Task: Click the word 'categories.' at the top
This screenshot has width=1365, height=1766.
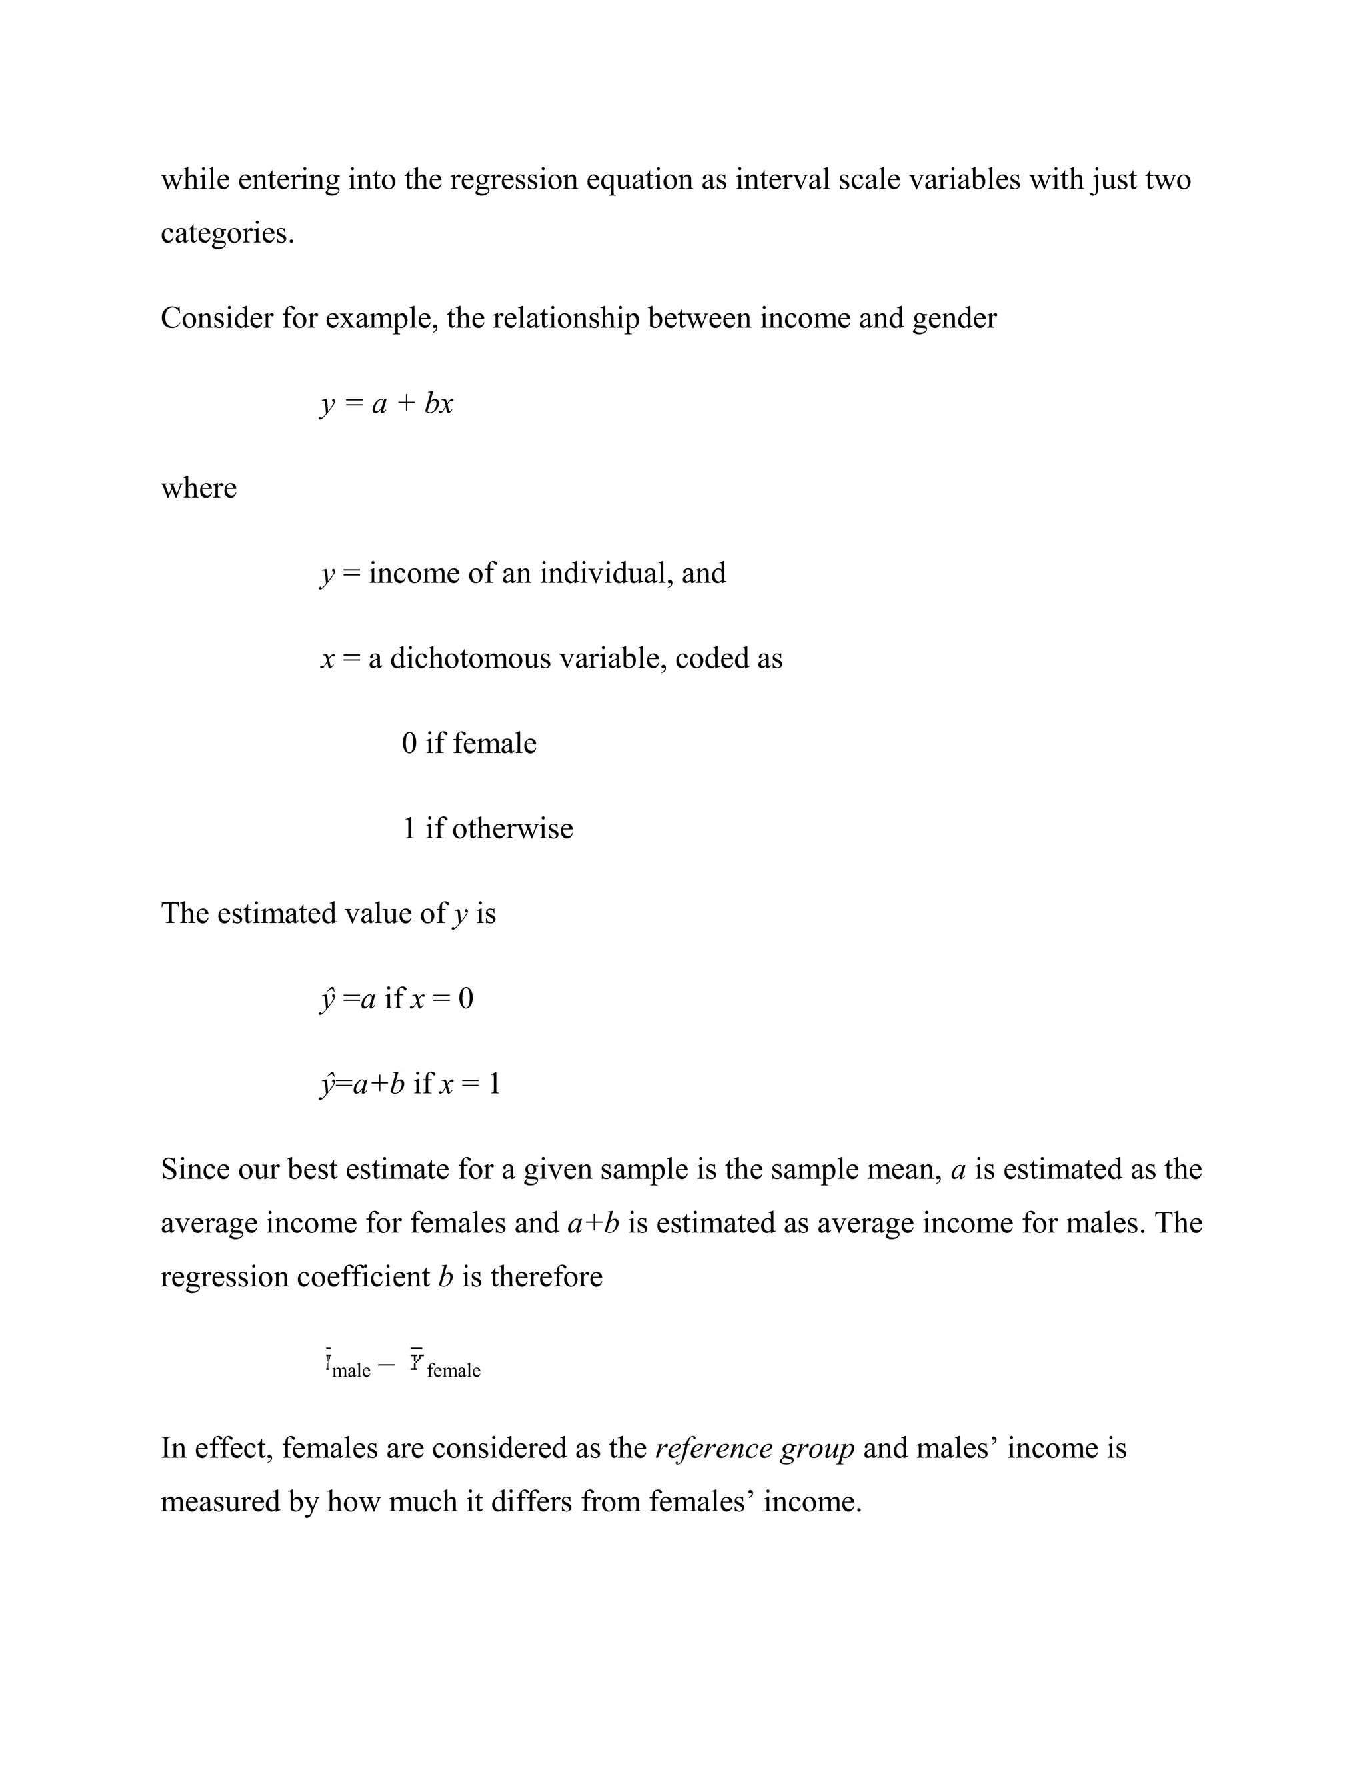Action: (x=227, y=234)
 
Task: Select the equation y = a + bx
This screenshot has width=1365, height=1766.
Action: (x=387, y=403)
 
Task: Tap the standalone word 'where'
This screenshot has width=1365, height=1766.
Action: (x=198, y=488)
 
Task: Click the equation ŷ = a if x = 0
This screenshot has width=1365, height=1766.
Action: (x=397, y=999)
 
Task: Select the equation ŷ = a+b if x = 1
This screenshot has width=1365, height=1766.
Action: (x=410, y=1084)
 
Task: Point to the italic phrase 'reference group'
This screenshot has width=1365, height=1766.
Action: (x=754, y=1448)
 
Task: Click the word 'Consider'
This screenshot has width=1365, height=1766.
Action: (x=217, y=319)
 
